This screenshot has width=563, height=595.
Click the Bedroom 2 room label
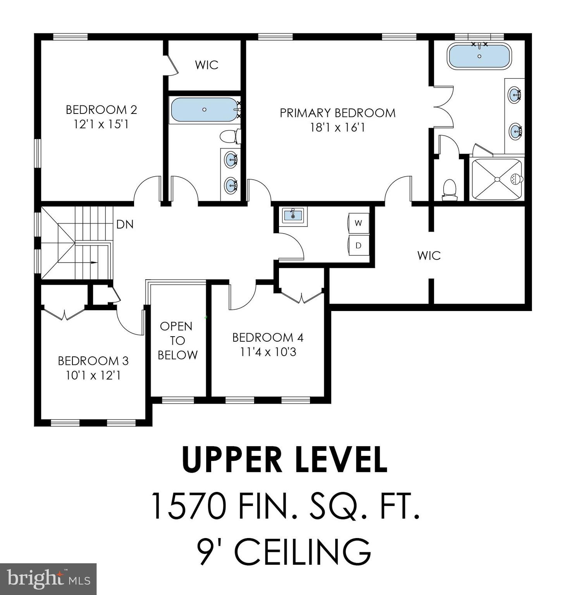point(101,110)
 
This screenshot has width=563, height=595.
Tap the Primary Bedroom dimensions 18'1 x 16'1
point(337,127)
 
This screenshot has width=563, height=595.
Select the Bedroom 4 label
point(268,337)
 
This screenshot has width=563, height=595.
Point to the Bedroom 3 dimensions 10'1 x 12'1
point(93,375)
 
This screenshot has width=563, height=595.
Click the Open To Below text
point(177,340)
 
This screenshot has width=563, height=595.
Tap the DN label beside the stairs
point(125,224)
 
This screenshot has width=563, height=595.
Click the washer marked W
point(358,223)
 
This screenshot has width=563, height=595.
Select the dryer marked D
point(358,245)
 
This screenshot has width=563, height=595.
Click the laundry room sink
point(293,215)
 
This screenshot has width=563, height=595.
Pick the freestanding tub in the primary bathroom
point(479,57)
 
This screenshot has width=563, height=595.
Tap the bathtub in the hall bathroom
point(204,110)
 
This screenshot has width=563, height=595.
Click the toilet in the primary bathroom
point(449,189)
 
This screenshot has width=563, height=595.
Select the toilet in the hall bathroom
point(230,136)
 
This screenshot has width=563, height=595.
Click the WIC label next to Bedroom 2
point(207,65)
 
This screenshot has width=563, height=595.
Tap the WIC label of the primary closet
point(429,256)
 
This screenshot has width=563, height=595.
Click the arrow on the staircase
point(93,262)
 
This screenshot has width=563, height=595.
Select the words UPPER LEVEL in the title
point(284,460)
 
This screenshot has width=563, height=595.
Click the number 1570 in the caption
point(188,506)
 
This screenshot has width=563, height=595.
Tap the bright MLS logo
point(48,579)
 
